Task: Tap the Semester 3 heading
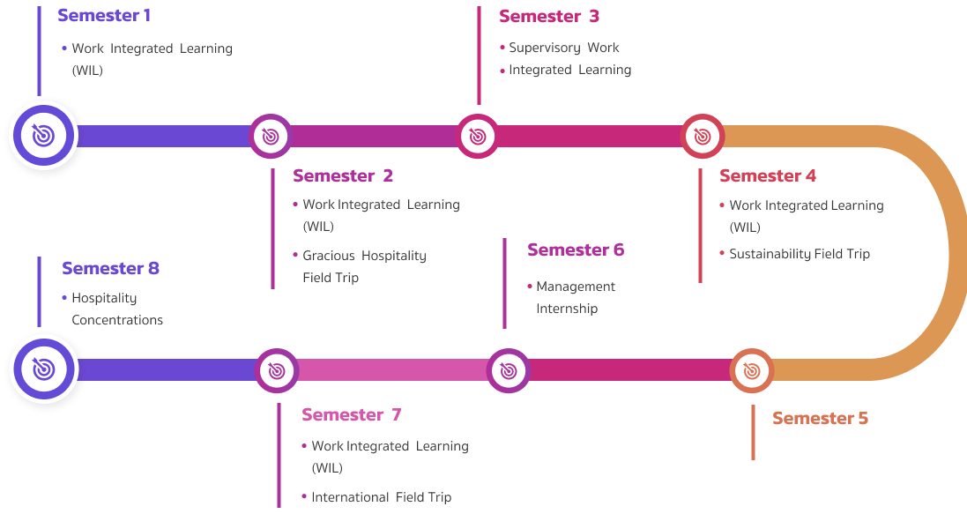point(549,16)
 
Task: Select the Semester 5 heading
point(820,418)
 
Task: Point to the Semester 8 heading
point(110,268)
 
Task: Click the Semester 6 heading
point(576,250)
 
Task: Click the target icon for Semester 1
point(42,135)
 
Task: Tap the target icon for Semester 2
point(270,136)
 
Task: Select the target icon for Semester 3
point(478,136)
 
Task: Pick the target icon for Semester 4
point(703,136)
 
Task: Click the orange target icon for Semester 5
point(752,371)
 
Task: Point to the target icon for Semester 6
point(508,370)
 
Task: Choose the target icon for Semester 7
point(276,370)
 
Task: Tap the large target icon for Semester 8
point(42,368)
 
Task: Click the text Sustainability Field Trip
point(800,254)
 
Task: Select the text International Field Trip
point(381,497)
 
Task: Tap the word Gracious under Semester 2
point(329,256)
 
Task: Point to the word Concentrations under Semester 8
point(117,320)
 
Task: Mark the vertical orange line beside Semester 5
point(753,432)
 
